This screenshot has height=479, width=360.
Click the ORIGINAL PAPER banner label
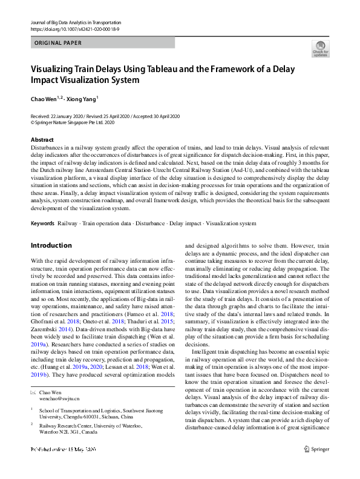57,43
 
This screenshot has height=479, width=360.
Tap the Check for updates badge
320,48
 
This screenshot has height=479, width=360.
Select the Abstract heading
42,140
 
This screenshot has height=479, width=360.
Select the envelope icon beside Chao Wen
33,392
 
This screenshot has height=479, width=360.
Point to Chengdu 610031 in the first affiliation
93,417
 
